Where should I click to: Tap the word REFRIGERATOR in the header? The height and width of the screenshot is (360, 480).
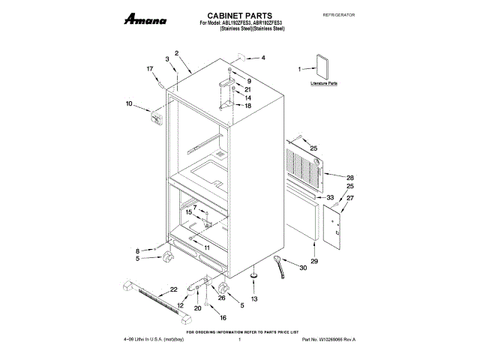point(338,15)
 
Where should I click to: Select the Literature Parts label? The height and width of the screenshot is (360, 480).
point(324,83)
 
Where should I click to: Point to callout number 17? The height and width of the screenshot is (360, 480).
point(149,69)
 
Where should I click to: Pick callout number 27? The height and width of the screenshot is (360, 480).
point(349,198)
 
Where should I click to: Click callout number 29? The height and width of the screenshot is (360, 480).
point(314,260)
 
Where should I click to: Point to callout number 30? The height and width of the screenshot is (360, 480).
point(303,267)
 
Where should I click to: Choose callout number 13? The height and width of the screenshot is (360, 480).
point(253,298)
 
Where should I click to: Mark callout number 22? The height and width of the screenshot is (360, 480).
point(173,289)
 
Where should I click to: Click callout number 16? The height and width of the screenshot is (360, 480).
point(222,317)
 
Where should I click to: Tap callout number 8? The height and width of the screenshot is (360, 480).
point(137,250)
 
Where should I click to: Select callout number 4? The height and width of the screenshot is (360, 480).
point(262,58)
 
